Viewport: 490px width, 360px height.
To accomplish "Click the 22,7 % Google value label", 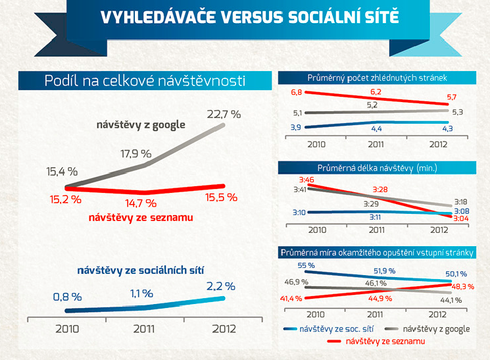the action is (224, 114).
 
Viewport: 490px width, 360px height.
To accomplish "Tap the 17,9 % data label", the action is (136, 153).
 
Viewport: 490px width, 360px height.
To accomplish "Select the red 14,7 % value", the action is (141, 203).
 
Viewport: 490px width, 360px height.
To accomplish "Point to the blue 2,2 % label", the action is (220, 286).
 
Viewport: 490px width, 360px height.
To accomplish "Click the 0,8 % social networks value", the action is (68, 297).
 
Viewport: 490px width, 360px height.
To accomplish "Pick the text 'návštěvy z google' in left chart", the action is (141, 125).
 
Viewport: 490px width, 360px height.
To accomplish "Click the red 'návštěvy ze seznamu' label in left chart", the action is (141, 217).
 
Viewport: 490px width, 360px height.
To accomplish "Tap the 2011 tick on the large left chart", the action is (144, 329).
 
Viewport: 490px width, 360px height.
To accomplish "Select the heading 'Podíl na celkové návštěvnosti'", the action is (145, 81).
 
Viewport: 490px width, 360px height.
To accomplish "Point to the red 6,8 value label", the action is (296, 92).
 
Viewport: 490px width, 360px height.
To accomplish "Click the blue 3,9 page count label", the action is (295, 127).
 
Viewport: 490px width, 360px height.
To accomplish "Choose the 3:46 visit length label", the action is (306, 180).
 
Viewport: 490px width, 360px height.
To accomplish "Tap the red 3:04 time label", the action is (461, 219).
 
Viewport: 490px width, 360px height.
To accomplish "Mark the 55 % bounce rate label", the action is (306, 265).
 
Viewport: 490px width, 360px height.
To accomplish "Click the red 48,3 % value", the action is (463, 286).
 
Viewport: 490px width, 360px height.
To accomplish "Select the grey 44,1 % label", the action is (451, 300).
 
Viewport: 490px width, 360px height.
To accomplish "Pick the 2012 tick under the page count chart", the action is (438, 145).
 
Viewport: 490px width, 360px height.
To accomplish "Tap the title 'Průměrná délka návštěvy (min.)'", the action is (377, 168).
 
